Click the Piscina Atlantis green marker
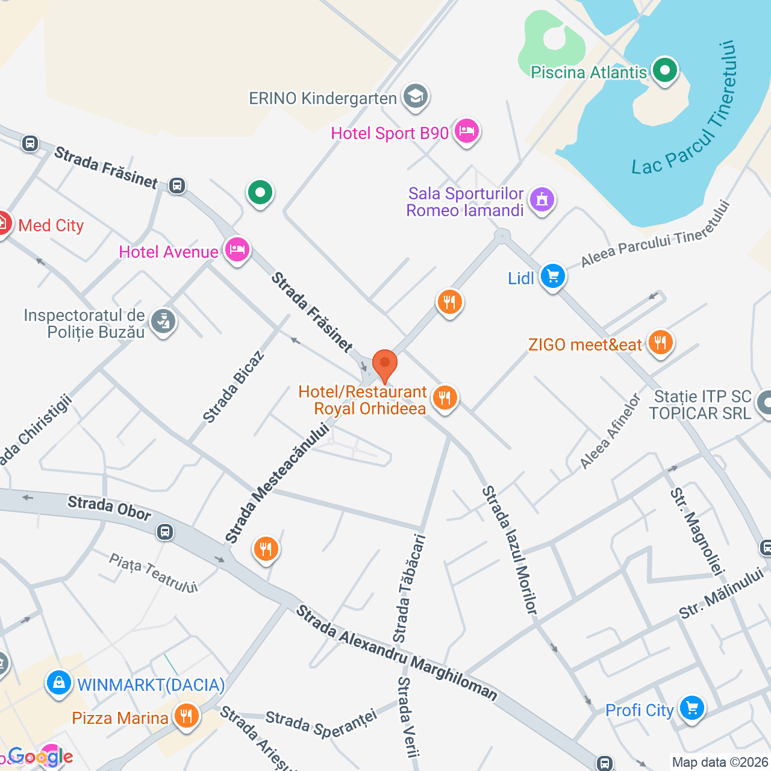[x=664, y=70]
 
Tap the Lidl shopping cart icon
[x=552, y=276]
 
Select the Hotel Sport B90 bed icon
[x=466, y=131]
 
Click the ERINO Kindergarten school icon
[x=415, y=96]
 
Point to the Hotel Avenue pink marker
[x=237, y=249]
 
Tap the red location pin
[x=384, y=364]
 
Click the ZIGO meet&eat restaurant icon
[x=660, y=343]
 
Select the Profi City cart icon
[x=691, y=708]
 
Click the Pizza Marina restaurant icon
[x=186, y=716]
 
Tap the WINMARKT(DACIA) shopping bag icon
[x=59, y=683]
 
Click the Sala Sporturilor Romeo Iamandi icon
[x=542, y=199]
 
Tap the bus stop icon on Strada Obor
[x=165, y=532]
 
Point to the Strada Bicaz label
[x=233, y=387]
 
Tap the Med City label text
[x=51, y=225]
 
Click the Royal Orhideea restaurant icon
[x=445, y=398]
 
